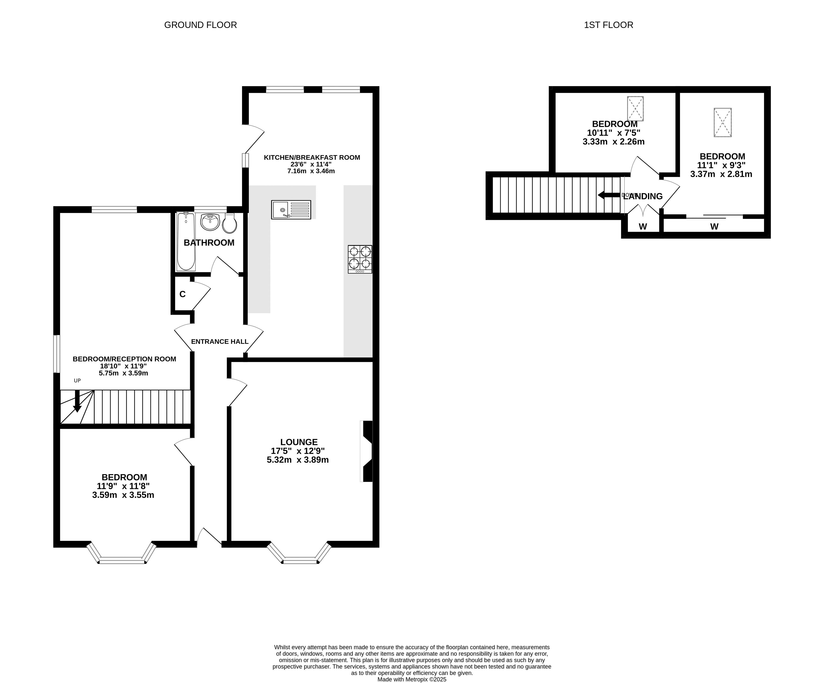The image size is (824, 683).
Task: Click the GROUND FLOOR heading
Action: point(200,25)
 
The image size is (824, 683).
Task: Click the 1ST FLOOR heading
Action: point(609,25)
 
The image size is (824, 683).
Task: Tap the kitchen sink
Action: point(291,210)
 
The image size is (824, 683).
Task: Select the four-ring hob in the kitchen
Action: point(360,259)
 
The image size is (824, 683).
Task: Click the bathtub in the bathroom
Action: point(186,241)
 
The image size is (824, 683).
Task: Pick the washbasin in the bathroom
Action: point(210,222)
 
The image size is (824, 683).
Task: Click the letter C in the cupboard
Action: point(183,294)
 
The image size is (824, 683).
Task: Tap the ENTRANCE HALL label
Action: point(220,341)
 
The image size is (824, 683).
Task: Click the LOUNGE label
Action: point(299,442)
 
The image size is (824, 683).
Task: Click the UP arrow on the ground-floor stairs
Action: point(77,401)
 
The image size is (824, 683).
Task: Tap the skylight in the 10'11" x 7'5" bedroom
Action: point(635,108)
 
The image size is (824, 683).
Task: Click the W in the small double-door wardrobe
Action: point(643,227)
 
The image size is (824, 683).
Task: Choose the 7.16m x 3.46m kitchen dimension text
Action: point(311,171)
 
